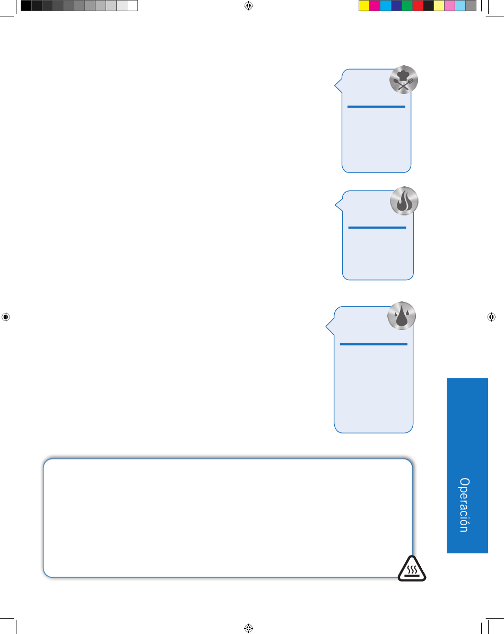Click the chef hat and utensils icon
click(x=403, y=80)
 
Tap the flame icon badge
click(x=404, y=201)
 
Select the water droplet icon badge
click(x=402, y=316)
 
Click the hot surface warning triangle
click(x=412, y=569)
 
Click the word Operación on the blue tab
click(x=464, y=505)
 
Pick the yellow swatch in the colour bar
click(x=364, y=6)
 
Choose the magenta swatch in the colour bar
click(x=375, y=6)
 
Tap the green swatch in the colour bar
click(x=407, y=6)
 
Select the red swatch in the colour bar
click(x=418, y=6)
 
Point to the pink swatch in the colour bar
click(x=449, y=6)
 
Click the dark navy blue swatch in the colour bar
click(x=396, y=6)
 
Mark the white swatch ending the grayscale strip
click(x=133, y=6)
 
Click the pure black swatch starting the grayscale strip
click(x=26, y=6)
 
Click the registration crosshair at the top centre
click(x=249, y=6)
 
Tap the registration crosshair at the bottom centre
click(x=249, y=628)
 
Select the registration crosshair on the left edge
click(x=6, y=317)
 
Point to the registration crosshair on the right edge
click(x=491, y=317)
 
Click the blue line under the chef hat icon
click(x=376, y=107)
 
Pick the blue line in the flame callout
click(x=377, y=228)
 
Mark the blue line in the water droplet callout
click(x=373, y=344)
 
